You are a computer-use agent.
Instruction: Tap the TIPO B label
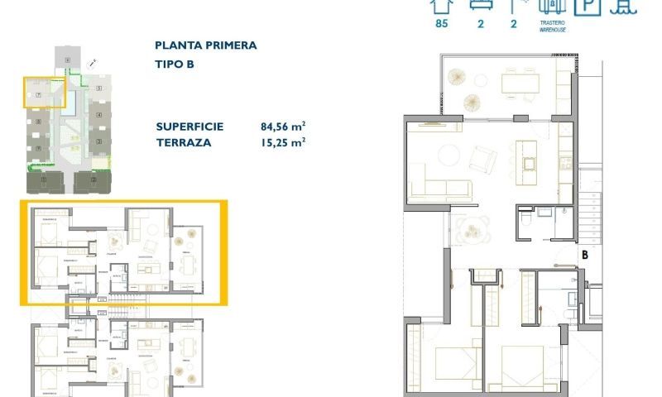tap(173, 63)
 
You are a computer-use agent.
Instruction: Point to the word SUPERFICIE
tap(189, 127)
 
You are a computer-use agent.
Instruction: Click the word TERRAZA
tap(183, 142)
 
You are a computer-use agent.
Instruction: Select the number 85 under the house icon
tap(441, 23)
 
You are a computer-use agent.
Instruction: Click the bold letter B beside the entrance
tap(584, 255)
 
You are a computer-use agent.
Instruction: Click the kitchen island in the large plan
tap(527, 156)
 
